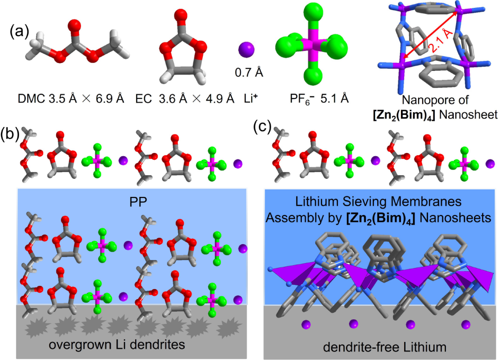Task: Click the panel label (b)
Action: click(10, 134)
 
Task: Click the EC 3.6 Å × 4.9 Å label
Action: click(185, 99)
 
